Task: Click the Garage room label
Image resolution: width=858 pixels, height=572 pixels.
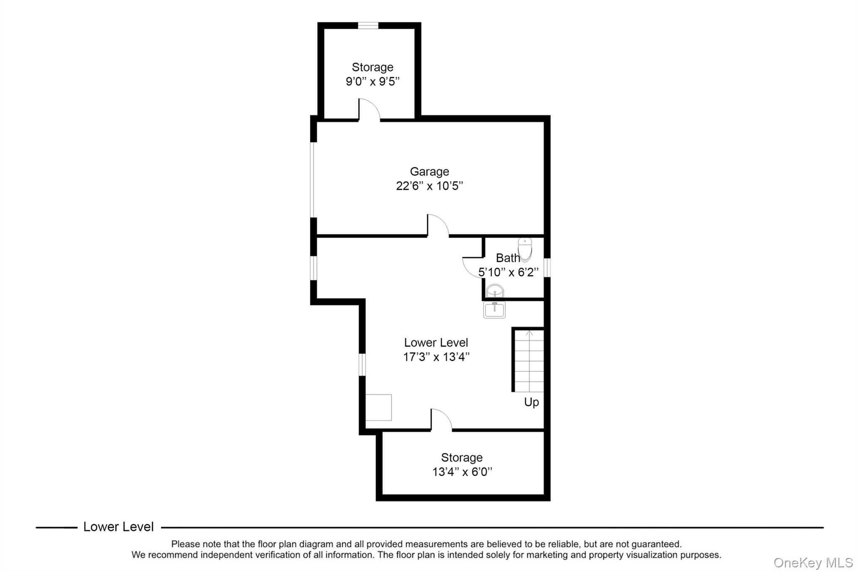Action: point(429,171)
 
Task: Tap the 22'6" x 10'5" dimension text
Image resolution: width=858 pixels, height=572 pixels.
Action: point(429,186)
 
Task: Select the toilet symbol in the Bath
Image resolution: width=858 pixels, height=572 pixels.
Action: point(525,249)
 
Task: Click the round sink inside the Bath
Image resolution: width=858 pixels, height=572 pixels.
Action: point(495,291)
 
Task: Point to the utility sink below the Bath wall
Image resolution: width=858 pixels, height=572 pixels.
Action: point(494,310)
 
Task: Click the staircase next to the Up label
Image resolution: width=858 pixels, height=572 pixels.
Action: point(529,361)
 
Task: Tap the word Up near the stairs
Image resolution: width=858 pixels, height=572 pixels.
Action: point(531,402)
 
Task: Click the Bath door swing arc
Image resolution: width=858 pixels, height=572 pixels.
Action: point(472,267)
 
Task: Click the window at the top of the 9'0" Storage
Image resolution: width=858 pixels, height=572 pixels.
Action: point(368,26)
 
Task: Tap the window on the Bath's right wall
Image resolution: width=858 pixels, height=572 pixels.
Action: point(547,267)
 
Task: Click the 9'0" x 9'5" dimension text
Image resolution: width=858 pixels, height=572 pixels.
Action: point(372,81)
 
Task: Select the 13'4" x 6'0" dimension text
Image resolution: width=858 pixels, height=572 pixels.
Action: point(462,472)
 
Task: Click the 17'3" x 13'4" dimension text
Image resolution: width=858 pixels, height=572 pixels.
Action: point(436,357)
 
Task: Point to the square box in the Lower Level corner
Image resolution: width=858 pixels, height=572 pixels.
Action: point(378,407)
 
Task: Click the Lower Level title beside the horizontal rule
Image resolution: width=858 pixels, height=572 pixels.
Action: point(119,527)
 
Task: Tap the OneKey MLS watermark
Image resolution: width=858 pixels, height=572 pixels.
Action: point(813,562)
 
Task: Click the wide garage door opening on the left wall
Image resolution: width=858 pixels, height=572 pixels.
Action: point(313,180)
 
